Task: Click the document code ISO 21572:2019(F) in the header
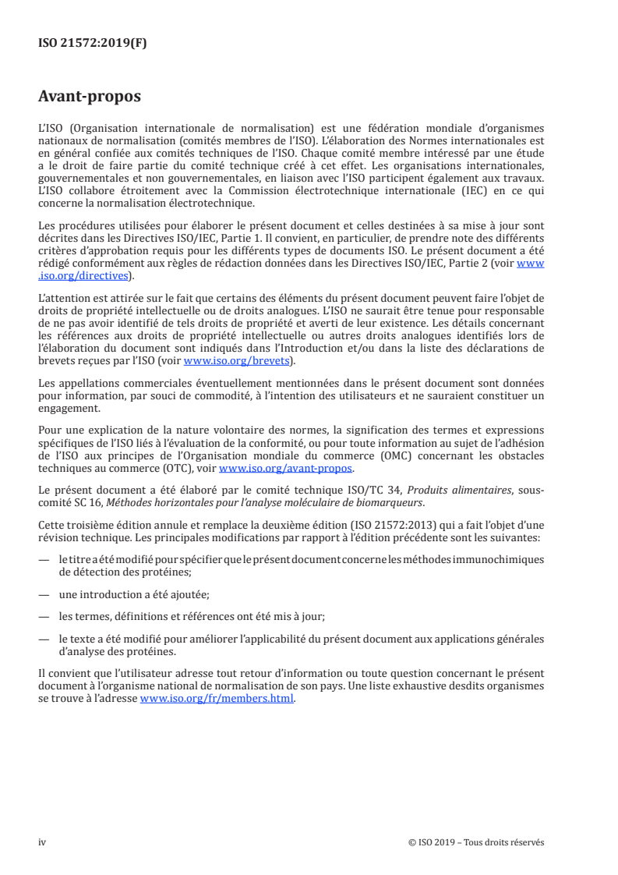click(x=93, y=44)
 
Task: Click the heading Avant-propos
click(x=90, y=97)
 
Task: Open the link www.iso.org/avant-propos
click(x=286, y=469)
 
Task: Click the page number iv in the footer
click(x=42, y=843)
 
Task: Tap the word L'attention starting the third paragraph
click(x=63, y=296)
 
